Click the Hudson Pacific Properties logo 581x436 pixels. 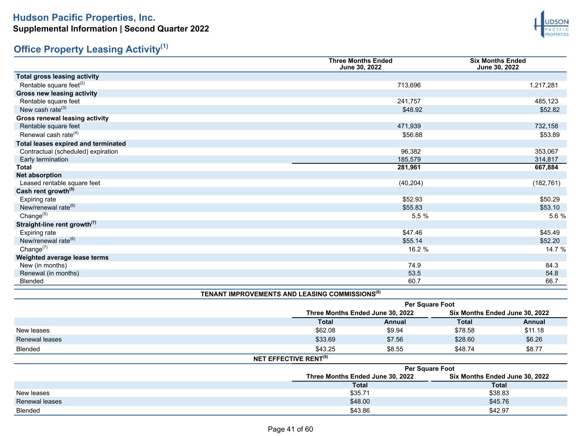tap(551, 24)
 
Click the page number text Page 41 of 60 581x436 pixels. tap(290, 429)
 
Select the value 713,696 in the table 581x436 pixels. tap(409, 85)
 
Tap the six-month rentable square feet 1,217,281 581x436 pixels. tap(544, 85)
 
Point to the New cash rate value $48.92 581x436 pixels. tap(412, 109)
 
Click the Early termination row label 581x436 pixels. tap(44, 159)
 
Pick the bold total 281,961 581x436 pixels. tap(409, 167)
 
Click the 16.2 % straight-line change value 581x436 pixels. tap(418, 250)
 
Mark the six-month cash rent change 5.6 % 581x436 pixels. tap(557, 216)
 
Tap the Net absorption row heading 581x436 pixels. tap(39, 175)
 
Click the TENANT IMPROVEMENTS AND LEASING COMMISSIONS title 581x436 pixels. tap(291, 294)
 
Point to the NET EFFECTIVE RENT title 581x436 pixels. tap(291, 359)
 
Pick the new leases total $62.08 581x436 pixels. tap(325, 330)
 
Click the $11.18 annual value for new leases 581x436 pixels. tap(534, 330)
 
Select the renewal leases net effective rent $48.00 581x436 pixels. tap(360, 402)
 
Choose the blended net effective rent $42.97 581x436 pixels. tap(499, 410)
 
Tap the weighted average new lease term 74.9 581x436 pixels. tap(414, 265)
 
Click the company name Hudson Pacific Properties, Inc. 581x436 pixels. tap(84, 17)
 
